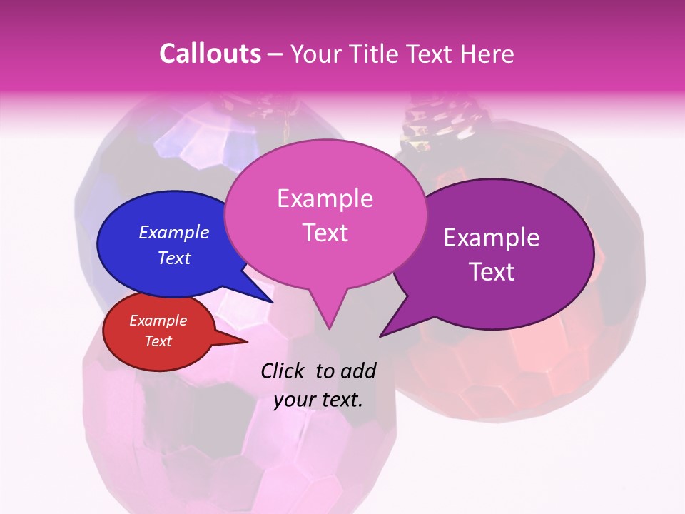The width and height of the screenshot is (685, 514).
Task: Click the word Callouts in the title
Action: [x=210, y=54]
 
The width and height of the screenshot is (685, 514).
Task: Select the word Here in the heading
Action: [x=487, y=54]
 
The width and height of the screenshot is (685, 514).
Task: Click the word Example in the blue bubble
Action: [x=174, y=233]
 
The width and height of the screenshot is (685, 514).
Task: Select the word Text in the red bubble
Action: [x=158, y=341]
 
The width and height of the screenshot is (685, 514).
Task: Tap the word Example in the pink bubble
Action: [x=325, y=198]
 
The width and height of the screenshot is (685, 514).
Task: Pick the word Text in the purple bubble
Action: [x=492, y=271]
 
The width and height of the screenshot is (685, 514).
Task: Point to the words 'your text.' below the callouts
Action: [x=318, y=400]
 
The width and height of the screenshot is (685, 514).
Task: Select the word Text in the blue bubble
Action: [x=174, y=258]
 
